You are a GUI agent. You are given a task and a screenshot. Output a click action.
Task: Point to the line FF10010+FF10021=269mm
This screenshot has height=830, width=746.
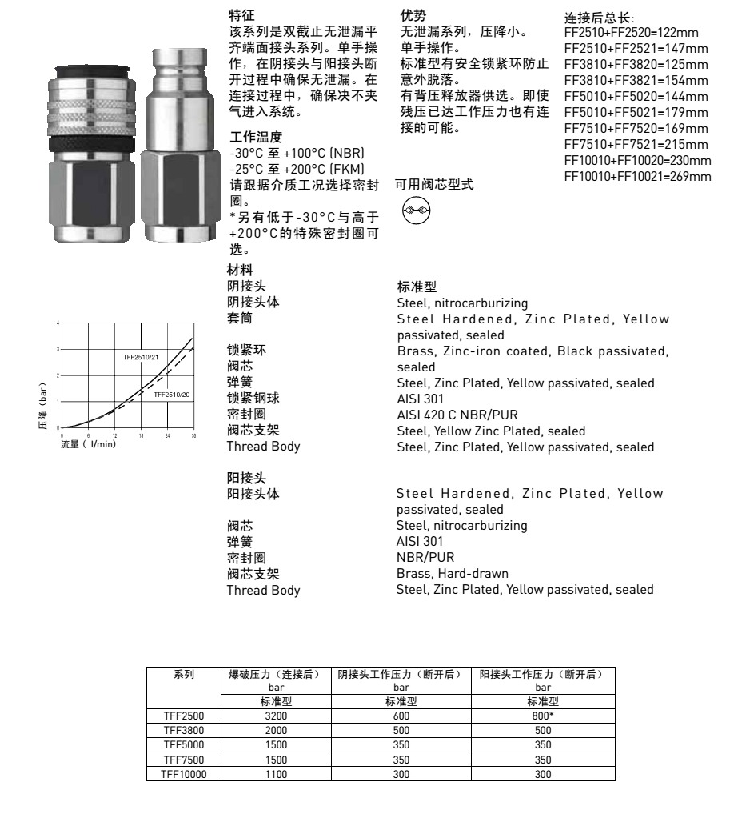637,176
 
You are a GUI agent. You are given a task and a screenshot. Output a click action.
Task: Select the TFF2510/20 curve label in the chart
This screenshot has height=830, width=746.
172,395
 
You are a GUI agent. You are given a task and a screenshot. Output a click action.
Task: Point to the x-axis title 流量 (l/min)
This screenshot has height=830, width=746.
88,443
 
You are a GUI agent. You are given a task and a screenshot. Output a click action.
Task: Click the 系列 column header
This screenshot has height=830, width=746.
183,674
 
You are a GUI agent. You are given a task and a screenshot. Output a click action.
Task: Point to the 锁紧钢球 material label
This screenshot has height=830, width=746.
254,399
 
